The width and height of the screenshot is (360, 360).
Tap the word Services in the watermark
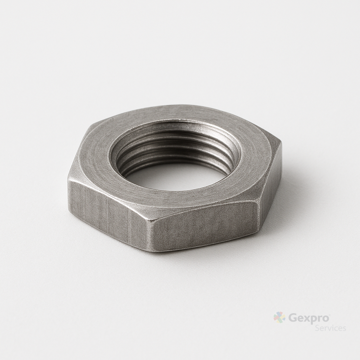click(330, 328)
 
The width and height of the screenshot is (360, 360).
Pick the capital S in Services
click(317, 328)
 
